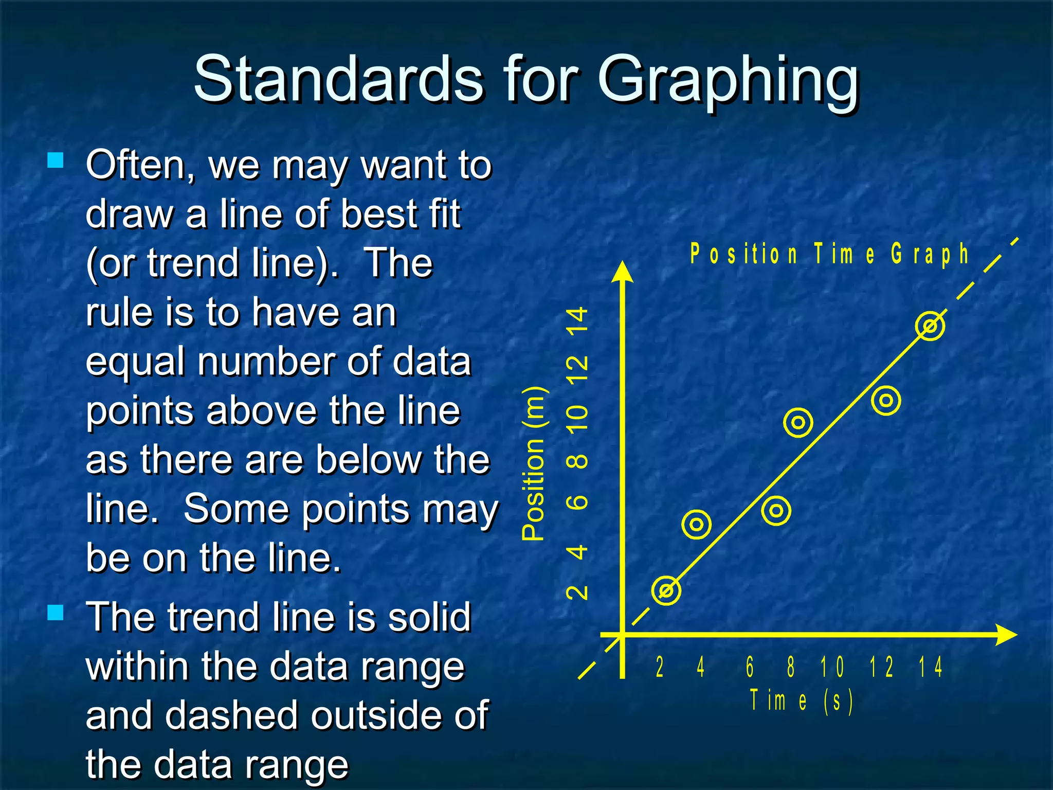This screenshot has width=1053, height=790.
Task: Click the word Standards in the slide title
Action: point(338,80)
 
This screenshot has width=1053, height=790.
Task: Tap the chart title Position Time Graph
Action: point(829,255)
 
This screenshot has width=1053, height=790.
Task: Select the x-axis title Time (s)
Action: point(801,701)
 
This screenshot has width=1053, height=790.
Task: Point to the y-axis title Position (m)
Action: point(534,462)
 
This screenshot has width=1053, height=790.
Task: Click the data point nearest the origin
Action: point(666,590)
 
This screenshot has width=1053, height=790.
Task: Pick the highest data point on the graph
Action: point(930,326)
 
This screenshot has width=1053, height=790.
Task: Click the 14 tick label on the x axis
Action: point(931,667)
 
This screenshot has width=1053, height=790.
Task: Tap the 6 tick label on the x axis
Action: point(750,667)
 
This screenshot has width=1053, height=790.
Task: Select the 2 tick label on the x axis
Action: point(660,667)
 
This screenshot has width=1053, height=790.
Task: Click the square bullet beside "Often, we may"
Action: point(55,160)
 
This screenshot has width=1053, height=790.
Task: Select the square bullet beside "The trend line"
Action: point(55,613)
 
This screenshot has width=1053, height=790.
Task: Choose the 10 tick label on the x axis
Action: point(832,667)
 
